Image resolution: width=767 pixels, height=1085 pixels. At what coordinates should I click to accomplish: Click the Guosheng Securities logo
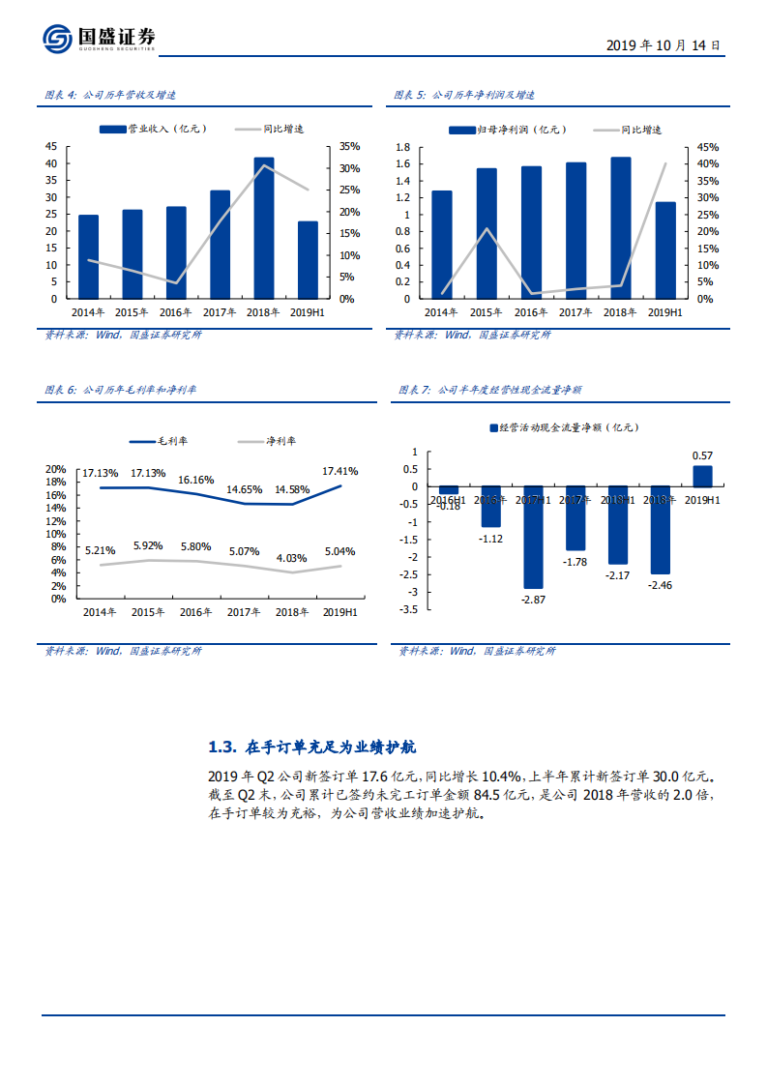tap(98, 38)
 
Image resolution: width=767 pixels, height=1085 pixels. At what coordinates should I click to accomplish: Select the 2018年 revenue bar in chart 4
tap(264, 227)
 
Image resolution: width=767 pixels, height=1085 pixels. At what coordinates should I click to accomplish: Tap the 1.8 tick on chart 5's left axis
tap(403, 147)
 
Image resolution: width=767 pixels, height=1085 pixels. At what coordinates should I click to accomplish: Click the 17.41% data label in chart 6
tap(339, 471)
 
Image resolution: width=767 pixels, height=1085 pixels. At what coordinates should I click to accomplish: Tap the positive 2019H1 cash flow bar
tap(703, 476)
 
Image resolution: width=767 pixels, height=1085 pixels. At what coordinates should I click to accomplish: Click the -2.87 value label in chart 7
tap(534, 601)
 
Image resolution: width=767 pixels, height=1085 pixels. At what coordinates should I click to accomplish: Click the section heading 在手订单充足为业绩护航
tap(313, 748)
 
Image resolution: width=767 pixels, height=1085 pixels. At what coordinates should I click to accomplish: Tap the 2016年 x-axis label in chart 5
tap(532, 312)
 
